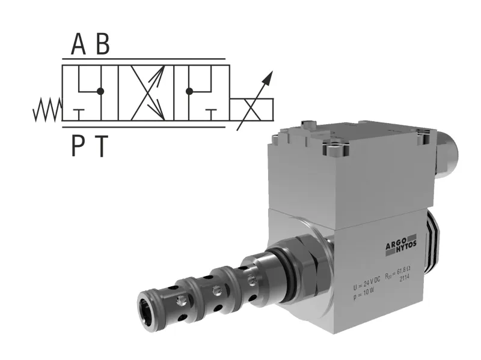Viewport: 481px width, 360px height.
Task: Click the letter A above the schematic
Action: point(79,44)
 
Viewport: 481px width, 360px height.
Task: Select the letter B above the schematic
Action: point(103,44)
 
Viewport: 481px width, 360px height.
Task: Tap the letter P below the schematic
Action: point(78,145)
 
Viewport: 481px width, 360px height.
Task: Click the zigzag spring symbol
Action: point(48,109)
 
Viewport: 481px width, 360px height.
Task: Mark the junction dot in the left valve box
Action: point(100,91)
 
